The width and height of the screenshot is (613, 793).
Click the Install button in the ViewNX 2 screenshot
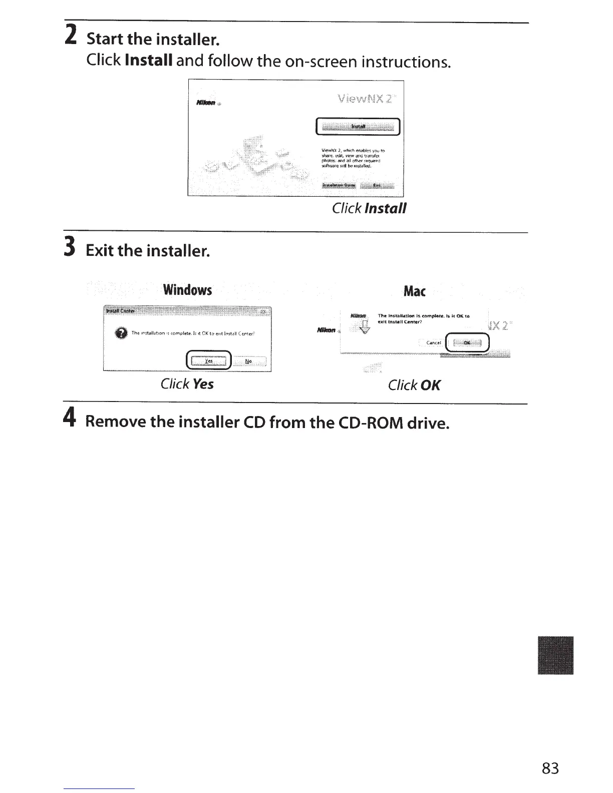(x=358, y=127)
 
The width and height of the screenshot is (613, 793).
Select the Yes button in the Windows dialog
(x=209, y=360)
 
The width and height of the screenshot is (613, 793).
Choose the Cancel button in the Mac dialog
(x=434, y=343)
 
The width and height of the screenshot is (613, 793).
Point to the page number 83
(x=550, y=768)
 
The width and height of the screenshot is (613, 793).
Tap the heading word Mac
(x=414, y=291)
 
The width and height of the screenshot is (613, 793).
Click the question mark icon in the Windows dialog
(x=121, y=333)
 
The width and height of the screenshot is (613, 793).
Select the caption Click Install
(x=369, y=208)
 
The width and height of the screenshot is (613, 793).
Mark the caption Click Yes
(x=187, y=384)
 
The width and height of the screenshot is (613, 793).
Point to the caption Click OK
(x=414, y=385)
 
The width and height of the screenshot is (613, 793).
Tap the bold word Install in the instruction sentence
(x=149, y=61)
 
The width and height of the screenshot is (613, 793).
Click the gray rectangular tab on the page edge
(x=555, y=655)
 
